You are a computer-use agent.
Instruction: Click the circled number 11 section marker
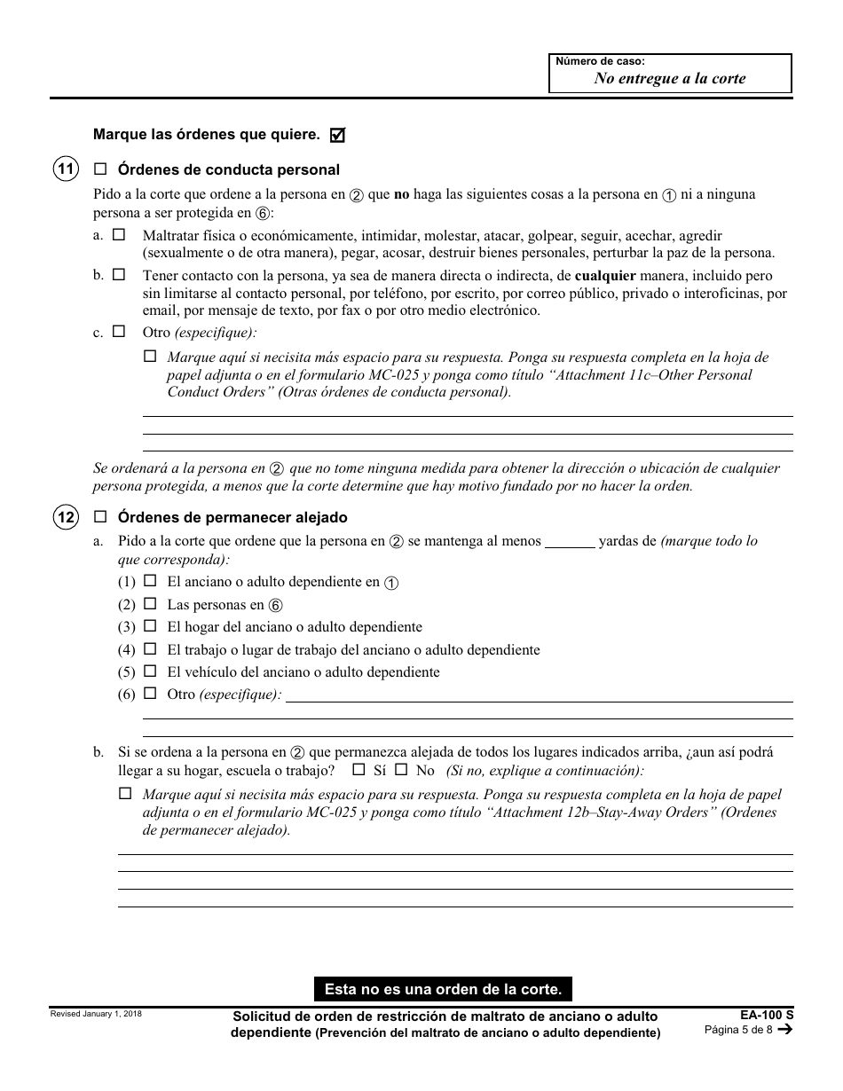coord(66,169)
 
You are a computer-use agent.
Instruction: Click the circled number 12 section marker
coord(66,517)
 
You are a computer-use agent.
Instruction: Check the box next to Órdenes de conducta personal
coord(100,169)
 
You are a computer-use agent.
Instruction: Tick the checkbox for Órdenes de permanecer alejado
coord(100,517)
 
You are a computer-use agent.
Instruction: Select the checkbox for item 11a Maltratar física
coord(119,235)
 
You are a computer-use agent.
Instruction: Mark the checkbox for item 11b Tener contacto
coord(119,275)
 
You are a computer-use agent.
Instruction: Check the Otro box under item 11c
coord(119,333)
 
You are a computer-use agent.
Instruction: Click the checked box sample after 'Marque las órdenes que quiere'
coord(337,135)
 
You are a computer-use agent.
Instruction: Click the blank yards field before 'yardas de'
coord(569,541)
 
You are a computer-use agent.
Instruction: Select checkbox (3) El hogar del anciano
coord(150,626)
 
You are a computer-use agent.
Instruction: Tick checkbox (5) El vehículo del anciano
coord(150,671)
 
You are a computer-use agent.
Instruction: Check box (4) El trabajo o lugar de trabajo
coord(150,649)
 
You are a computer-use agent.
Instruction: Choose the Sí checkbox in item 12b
coord(358,770)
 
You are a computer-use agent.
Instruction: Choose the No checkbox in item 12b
coord(401,770)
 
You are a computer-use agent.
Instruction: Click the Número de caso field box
coord(670,74)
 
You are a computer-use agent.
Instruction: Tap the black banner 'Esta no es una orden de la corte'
coord(443,988)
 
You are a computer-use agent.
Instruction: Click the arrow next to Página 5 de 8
coord(784,1030)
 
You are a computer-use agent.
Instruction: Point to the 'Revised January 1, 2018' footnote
coord(96,1013)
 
